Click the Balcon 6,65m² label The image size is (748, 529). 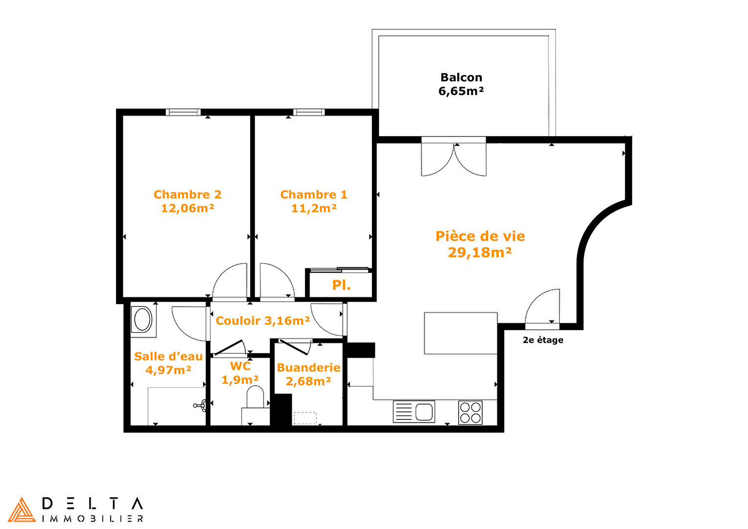(461, 84)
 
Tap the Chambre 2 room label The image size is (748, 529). (187, 201)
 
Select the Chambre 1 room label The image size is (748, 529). (314, 201)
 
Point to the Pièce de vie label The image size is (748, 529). (480, 244)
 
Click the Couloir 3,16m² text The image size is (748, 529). (263, 320)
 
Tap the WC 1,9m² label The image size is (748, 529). (240, 373)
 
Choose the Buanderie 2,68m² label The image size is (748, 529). (308, 374)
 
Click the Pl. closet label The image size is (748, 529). (341, 285)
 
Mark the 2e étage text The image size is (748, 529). (543, 340)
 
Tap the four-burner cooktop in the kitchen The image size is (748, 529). (470, 412)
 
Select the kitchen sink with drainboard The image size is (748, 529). (414, 412)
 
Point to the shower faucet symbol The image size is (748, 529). (200, 406)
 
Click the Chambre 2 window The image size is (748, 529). (183, 112)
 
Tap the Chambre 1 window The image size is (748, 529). (309, 112)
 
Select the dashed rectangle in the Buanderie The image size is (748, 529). (305, 418)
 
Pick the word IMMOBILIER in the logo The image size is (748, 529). (93, 519)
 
